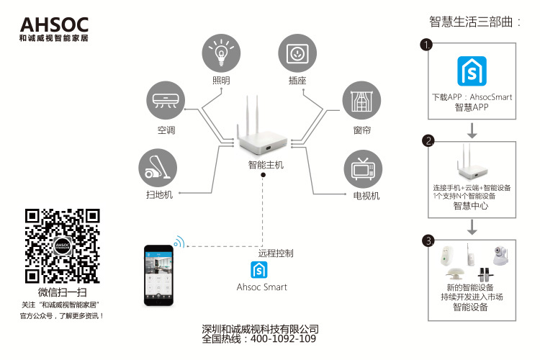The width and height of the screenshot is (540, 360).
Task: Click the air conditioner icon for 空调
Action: (x=166, y=101)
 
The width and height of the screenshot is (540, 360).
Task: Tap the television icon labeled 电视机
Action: (x=363, y=168)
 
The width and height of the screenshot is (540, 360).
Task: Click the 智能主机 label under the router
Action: (x=266, y=165)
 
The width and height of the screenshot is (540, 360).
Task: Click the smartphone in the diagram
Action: (x=158, y=274)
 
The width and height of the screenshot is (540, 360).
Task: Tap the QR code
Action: (x=63, y=246)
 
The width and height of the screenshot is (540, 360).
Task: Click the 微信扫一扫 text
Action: (x=63, y=292)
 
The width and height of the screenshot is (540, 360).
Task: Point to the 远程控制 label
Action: (x=276, y=253)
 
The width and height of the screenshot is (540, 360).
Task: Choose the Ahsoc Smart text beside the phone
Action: (x=262, y=287)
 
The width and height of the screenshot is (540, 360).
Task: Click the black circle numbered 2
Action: (x=428, y=140)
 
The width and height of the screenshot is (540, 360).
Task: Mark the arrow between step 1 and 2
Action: (x=472, y=130)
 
